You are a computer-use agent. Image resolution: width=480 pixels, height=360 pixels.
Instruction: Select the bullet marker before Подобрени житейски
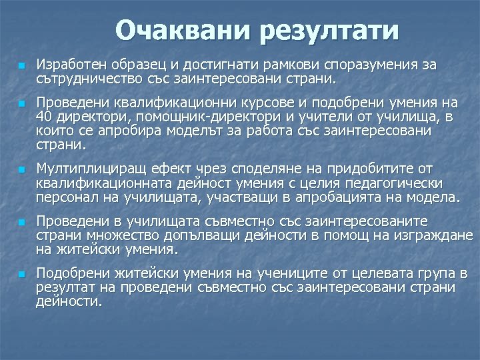pos(21,274)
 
